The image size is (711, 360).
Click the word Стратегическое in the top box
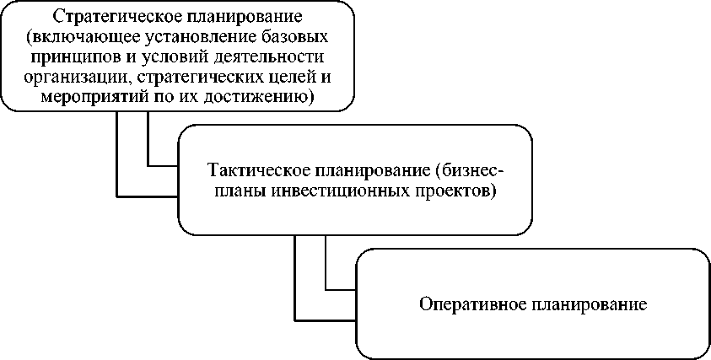pyautogui.click(x=100, y=16)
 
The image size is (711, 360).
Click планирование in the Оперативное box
pyautogui.click(x=593, y=303)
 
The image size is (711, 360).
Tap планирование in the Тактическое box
pyautogui.click(x=364, y=171)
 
